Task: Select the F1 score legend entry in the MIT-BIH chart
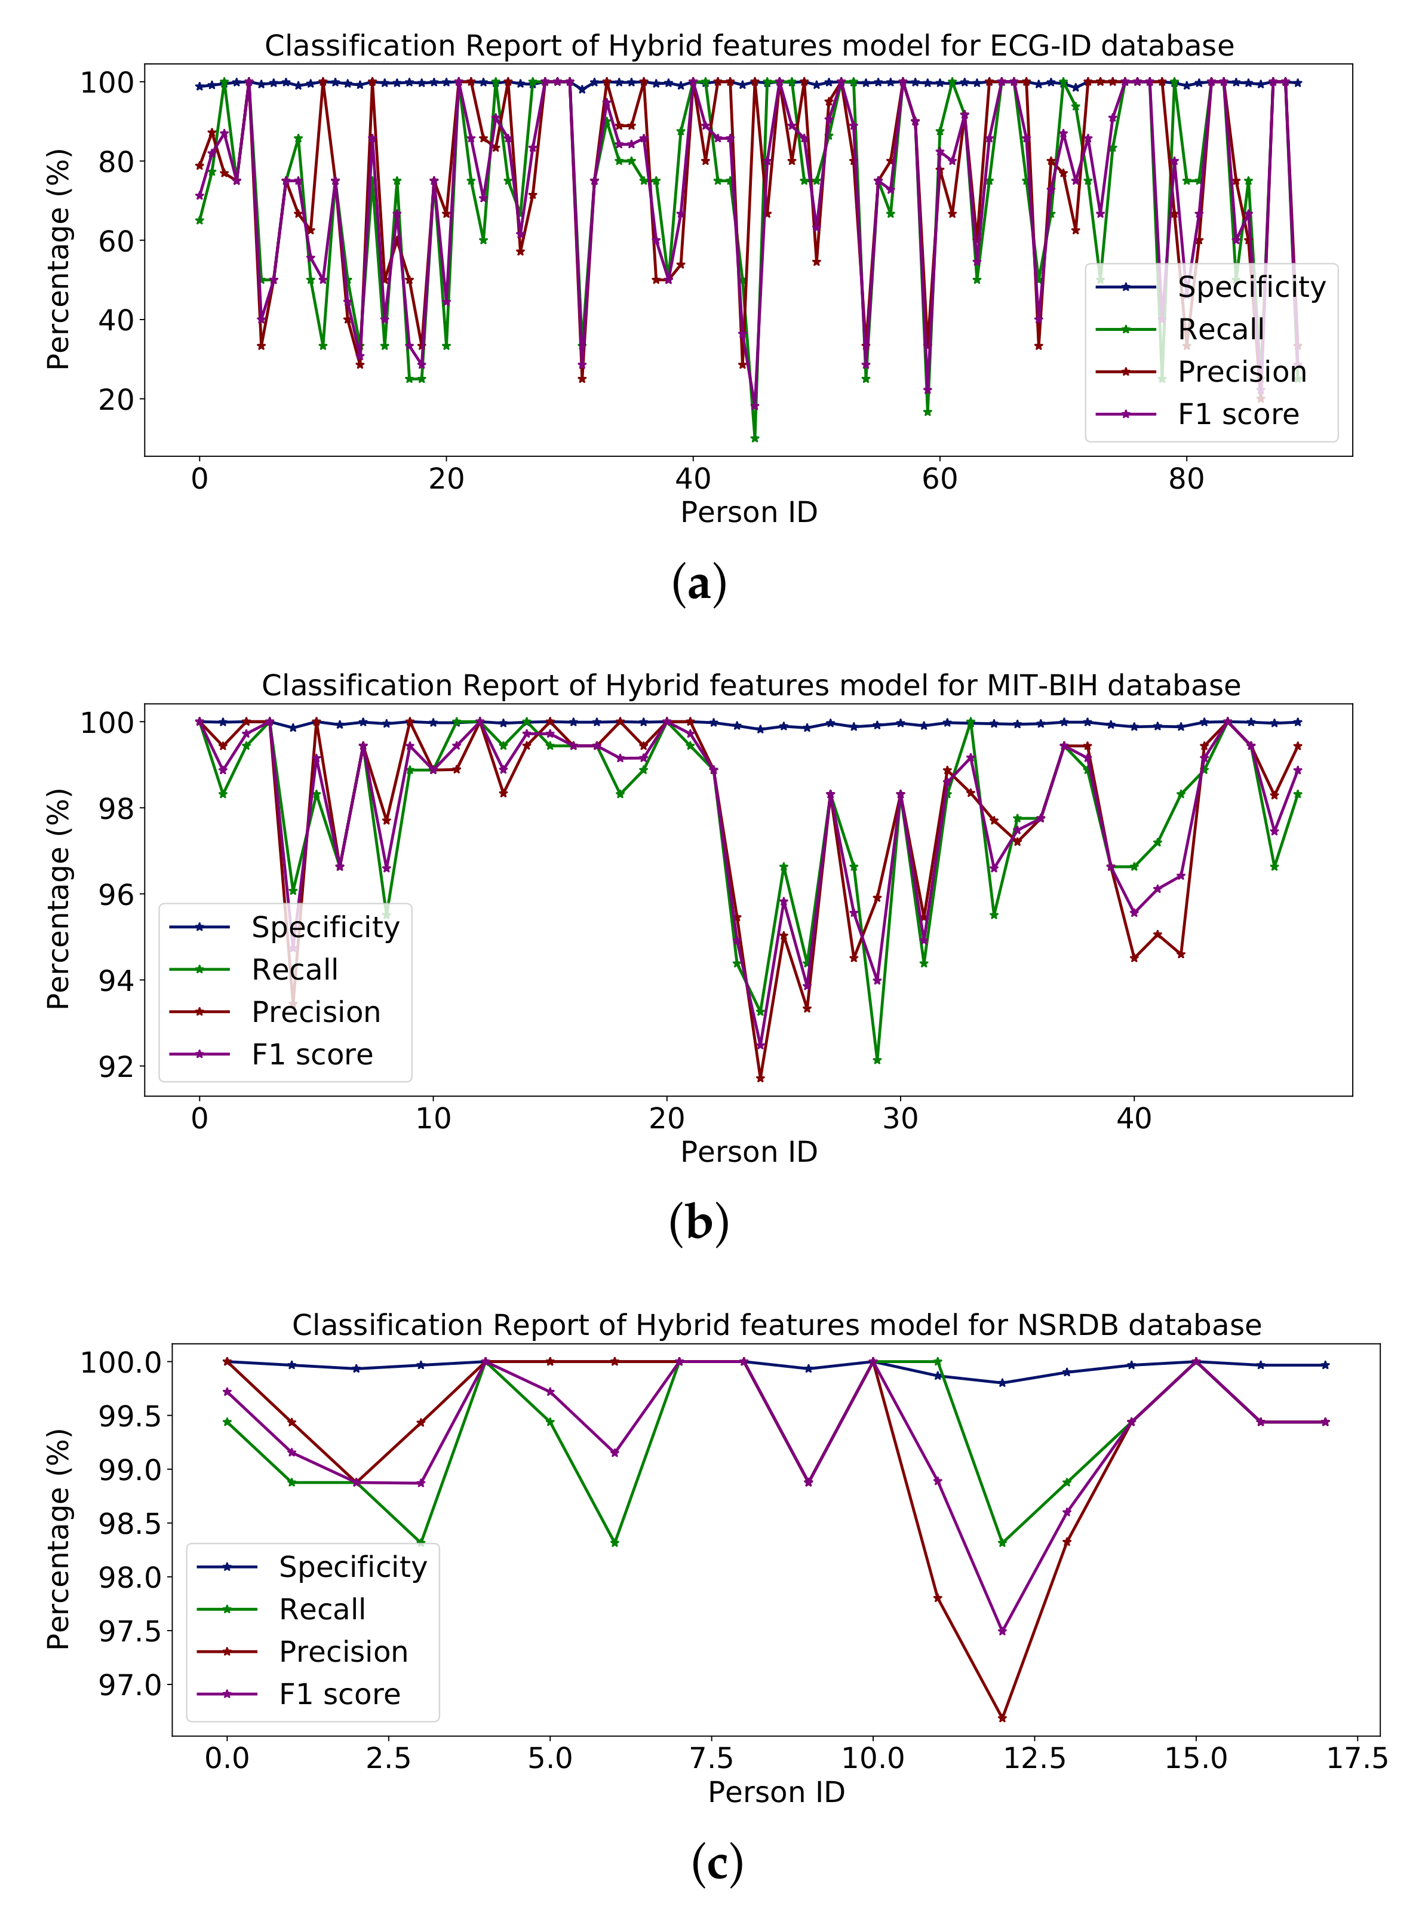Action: coord(312,1054)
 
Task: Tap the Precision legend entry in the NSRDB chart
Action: coord(343,1651)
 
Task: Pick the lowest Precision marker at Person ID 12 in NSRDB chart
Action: coord(1002,1717)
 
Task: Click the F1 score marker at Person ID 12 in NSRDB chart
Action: coord(1002,1631)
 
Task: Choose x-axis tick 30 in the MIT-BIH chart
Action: coord(900,1119)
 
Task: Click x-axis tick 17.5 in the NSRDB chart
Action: coord(1357,1758)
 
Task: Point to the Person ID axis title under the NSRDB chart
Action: coord(776,1791)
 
